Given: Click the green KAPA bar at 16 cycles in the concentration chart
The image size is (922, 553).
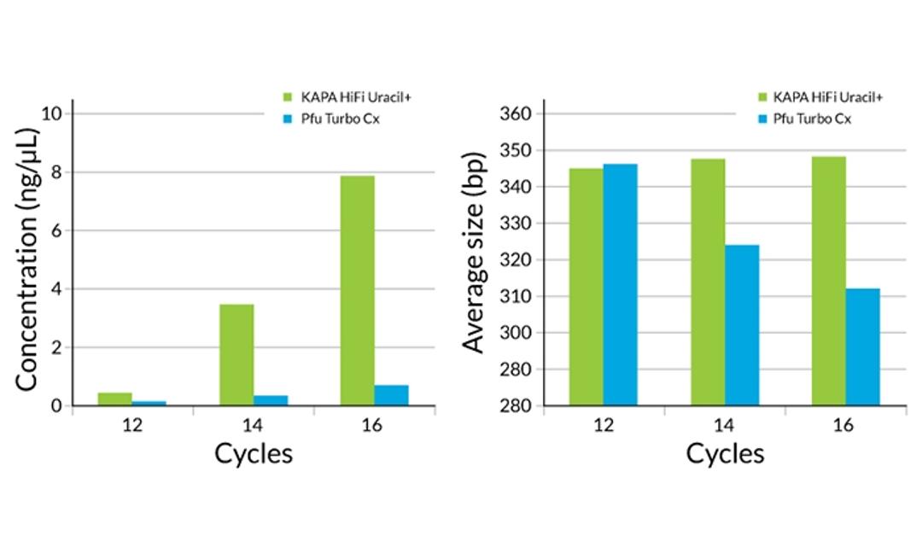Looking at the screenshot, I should pos(357,290).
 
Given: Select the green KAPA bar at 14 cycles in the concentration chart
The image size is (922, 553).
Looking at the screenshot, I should pos(236,354).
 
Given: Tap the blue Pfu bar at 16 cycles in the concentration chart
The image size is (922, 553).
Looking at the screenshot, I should pos(391,395).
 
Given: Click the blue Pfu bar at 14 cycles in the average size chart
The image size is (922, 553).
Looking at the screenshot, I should pos(742,325).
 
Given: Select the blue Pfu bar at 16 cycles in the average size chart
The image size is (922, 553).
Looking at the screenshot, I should pos(862,346).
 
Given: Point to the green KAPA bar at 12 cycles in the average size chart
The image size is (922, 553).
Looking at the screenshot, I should pos(586,287).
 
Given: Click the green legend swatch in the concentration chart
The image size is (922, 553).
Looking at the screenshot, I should pos(288,96).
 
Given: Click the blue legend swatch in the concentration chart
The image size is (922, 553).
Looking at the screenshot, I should pos(288,119).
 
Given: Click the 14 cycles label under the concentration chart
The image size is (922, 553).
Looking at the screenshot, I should pos(254,425).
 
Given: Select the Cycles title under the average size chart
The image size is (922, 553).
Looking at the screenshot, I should pos(725,453).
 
